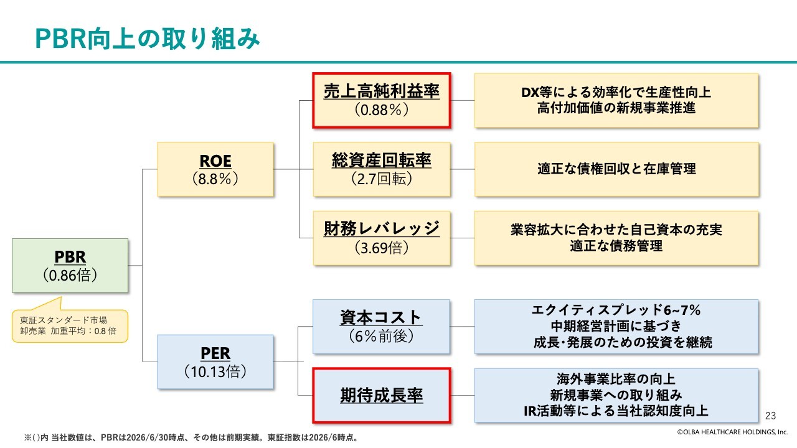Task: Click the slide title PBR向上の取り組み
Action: [x=148, y=39]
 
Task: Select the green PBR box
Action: [x=70, y=266]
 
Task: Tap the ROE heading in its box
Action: [x=215, y=161]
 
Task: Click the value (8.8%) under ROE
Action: [x=215, y=179]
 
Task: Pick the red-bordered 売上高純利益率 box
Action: [x=382, y=100]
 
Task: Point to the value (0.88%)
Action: [x=382, y=110]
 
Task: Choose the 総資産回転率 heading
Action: [x=382, y=161]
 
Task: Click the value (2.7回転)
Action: [x=382, y=179]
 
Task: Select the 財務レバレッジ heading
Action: [x=382, y=228]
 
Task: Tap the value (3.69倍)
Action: [x=382, y=248]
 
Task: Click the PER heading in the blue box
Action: [x=215, y=353]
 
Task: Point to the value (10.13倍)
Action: [x=215, y=371]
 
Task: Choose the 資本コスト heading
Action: [x=382, y=317]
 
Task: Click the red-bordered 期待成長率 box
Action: [x=382, y=395]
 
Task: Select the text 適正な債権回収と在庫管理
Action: [x=616, y=169]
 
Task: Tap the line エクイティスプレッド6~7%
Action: [x=616, y=310]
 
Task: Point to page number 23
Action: [x=771, y=416]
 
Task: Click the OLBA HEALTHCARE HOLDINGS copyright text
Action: [x=732, y=432]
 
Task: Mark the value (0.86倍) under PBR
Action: [x=70, y=276]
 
